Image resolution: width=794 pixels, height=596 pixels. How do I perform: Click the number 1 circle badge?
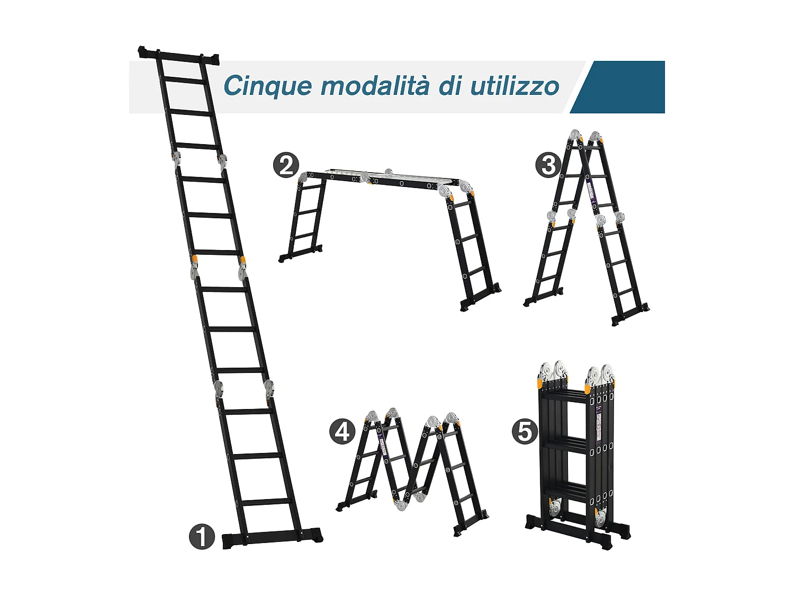[x=202, y=537]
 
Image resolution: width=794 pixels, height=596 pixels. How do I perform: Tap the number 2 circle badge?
[x=286, y=165]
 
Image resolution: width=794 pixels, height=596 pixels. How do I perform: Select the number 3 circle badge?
[x=548, y=165]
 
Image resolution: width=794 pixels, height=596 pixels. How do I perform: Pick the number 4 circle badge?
[x=342, y=431]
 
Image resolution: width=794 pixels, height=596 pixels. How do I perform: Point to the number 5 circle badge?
[x=524, y=431]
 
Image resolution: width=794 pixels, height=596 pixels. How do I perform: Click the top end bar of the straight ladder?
[x=179, y=56]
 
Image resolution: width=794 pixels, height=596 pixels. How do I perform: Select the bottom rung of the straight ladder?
[x=267, y=501]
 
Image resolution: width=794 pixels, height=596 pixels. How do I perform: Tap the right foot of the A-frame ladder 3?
[x=630, y=315]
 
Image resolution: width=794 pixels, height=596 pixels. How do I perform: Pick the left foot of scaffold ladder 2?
[x=301, y=254]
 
